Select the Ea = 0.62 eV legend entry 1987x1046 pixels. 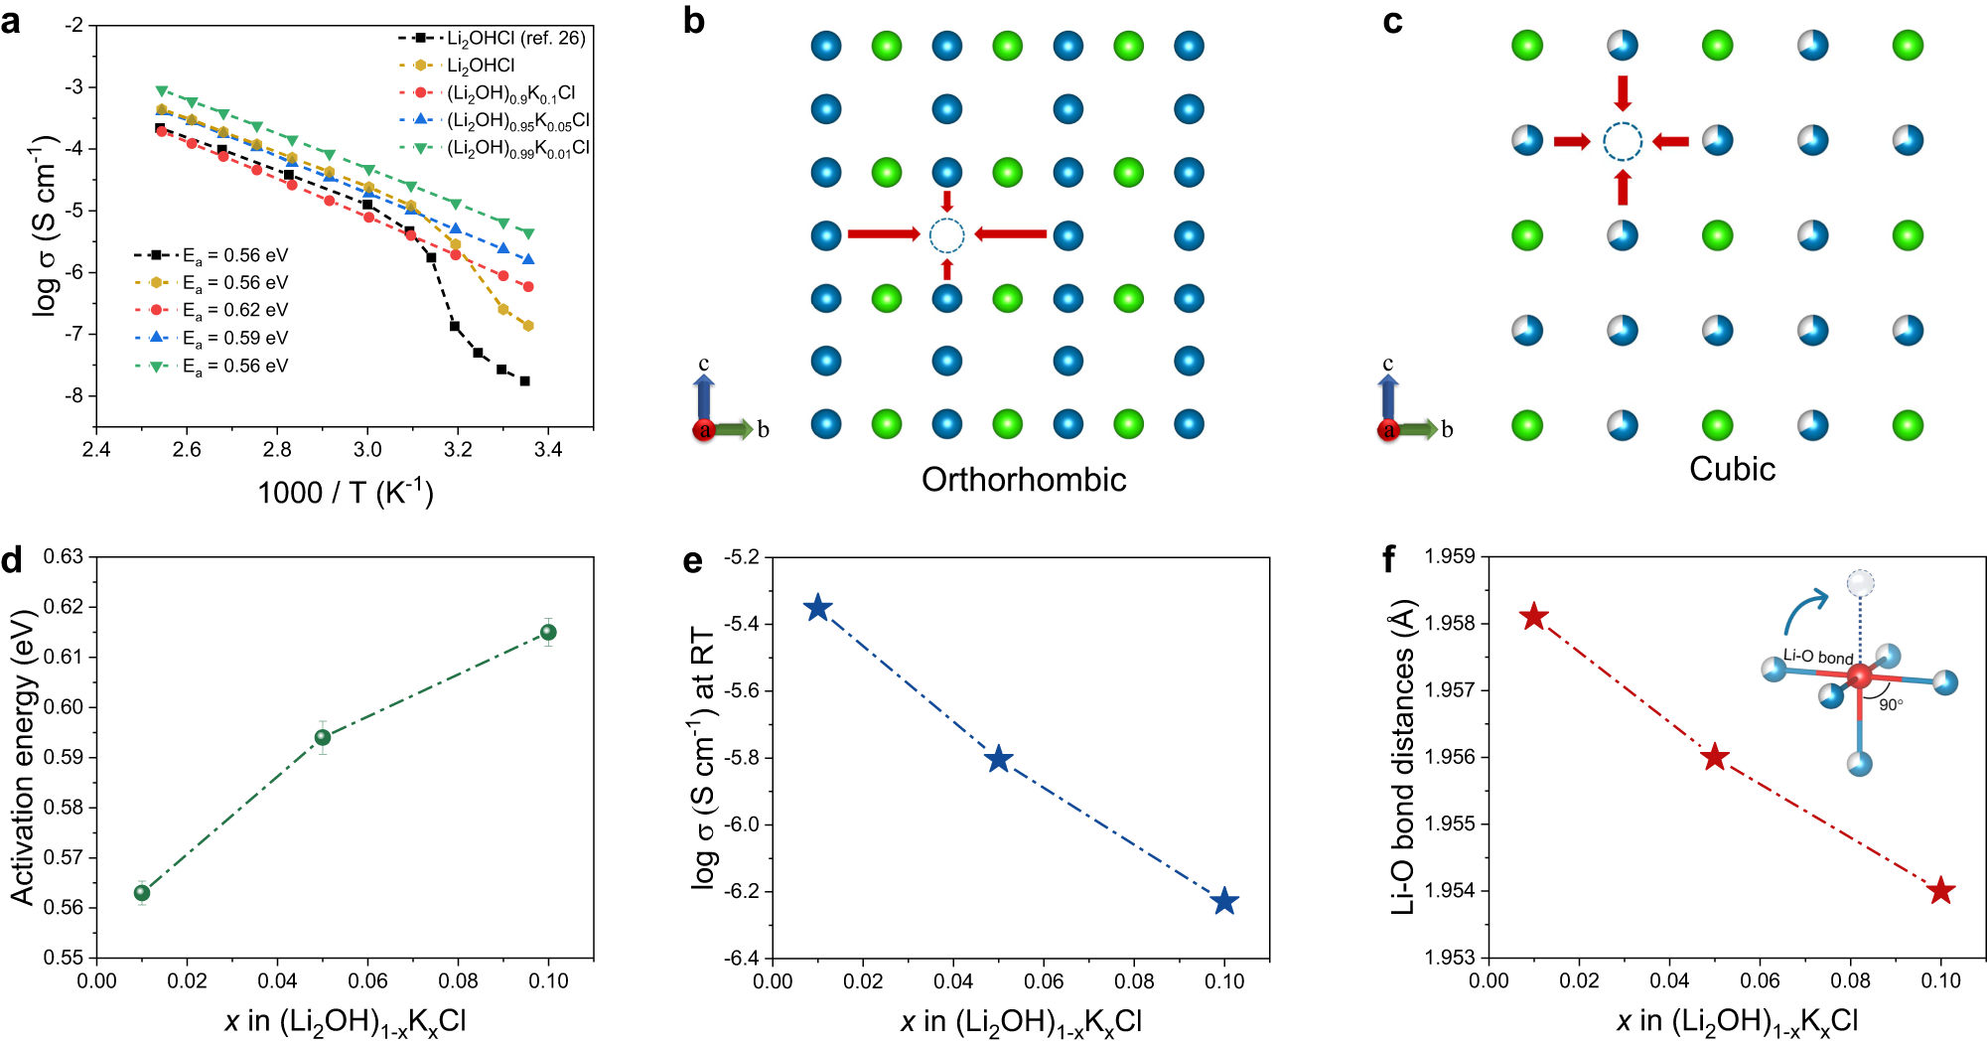[235, 310]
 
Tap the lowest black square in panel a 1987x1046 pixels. [524, 380]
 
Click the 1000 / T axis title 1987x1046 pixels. [345, 492]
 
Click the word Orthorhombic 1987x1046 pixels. [1023, 480]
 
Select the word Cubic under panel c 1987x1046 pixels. [1732, 469]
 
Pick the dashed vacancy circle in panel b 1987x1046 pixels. [946, 235]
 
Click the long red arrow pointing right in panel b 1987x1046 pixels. [883, 234]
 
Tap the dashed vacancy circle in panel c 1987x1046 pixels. [1623, 142]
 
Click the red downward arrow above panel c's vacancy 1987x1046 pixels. [1623, 93]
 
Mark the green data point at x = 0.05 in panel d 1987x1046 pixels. [323, 737]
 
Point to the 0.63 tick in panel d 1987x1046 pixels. [63, 556]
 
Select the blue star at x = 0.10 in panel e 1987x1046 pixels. [1224, 902]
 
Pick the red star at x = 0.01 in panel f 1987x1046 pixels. [1534, 617]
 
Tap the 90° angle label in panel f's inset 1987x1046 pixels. [1891, 704]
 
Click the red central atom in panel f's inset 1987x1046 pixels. [1859, 677]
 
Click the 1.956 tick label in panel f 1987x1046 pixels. [1450, 757]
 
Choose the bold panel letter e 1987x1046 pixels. [692, 562]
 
